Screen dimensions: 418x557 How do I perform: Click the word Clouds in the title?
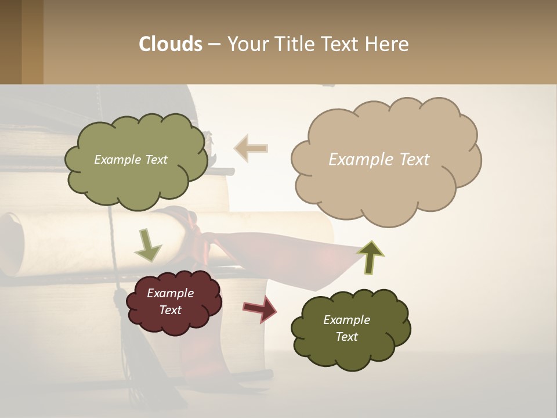[x=170, y=44]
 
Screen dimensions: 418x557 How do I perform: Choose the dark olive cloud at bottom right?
[x=350, y=328]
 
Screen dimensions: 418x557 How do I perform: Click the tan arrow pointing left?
[x=251, y=148]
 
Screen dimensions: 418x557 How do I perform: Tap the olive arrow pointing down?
[x=147, y=245]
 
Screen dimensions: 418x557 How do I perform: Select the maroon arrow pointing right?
[x=259, y=309]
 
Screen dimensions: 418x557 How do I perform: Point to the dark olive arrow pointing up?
[x=370, y=257]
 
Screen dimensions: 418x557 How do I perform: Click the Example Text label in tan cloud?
[x=379, y=159]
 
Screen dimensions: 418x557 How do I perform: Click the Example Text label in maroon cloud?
[x=170, y=301]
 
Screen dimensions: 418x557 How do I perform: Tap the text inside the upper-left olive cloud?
[x=131, y=160]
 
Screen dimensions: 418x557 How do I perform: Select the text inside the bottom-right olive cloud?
[x=346, y=328]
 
